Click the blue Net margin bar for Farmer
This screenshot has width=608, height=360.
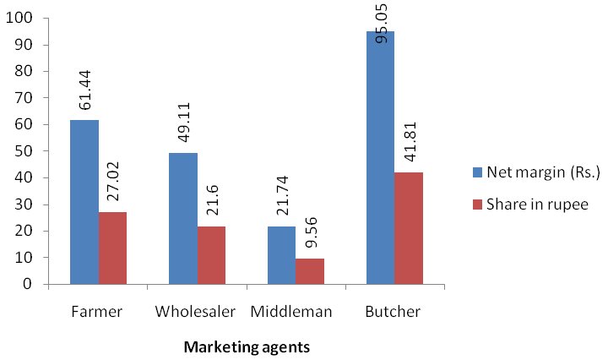[84, 202]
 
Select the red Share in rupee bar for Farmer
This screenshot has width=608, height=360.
[113, 248]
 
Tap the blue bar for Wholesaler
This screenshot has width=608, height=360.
[183, 218]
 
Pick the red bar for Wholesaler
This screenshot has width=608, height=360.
[211, 255]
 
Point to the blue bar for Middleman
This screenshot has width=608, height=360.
[282, 255]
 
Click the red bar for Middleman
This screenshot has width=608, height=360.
[310, 271]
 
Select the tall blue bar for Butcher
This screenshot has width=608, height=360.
[381, 157]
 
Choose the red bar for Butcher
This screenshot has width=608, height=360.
[409, 228]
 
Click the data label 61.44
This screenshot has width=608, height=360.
[84, 90]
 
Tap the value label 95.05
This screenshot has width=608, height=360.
[381, 24]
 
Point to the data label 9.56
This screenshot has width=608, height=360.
[310, 232]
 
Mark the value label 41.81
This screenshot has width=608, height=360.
[409, 142]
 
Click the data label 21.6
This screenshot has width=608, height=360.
[212, 200]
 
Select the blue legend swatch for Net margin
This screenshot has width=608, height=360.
[477, 172]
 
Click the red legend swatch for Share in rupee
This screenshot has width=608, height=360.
[477, 205]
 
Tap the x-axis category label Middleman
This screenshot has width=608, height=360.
[291, 312]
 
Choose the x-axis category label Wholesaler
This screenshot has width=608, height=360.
[195, 312]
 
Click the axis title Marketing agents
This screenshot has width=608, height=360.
[247, 347]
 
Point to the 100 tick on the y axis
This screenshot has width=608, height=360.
[19, 19]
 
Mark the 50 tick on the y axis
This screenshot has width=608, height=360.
[24, 151]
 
